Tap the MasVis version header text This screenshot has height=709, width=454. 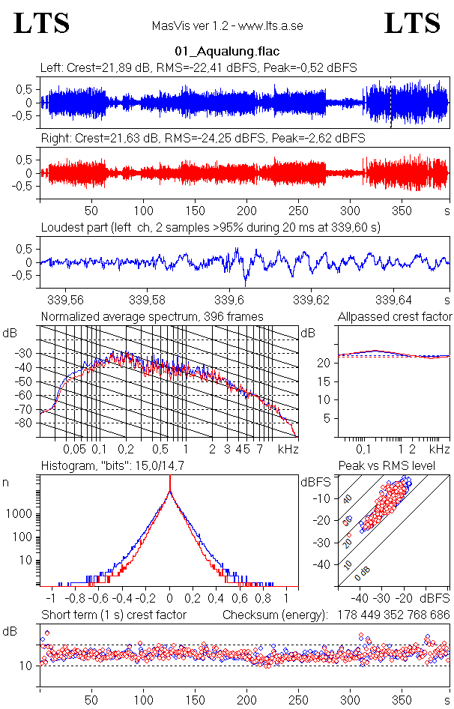tap(227, 25)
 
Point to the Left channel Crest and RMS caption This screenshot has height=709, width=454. tap(199, 67)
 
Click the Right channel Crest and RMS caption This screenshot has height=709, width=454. tap(202, 139)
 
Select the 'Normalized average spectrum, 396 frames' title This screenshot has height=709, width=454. tap(152, 317)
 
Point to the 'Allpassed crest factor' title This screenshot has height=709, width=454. tap(395, 317)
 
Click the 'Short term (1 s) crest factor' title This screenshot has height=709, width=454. tap(113, 615)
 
